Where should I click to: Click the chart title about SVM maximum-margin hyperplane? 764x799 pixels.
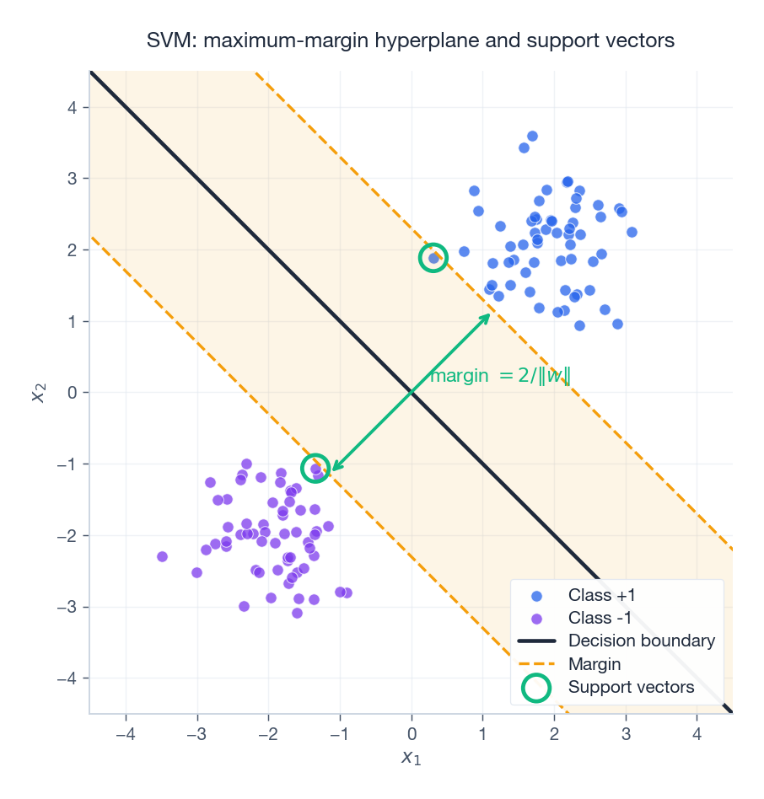(411, 40)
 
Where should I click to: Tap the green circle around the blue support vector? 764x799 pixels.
(433, 258)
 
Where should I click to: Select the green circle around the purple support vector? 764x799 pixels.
(315, 469)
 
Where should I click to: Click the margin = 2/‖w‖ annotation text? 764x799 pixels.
(500, 376)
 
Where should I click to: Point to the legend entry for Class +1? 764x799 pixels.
(602, 594)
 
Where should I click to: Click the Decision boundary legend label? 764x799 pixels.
(641, 641)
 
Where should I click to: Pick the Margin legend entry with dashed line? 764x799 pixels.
(595, 664)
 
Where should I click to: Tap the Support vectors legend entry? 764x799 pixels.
(631, 687)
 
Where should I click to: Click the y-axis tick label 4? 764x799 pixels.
(73, 107)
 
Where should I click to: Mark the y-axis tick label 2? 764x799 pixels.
(73, 249)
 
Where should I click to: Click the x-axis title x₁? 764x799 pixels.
(411, 757)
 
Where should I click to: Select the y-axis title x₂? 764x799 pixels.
(38, 392)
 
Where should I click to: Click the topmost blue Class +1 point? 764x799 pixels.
(532, 136)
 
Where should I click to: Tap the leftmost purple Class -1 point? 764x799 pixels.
(162, 556)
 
